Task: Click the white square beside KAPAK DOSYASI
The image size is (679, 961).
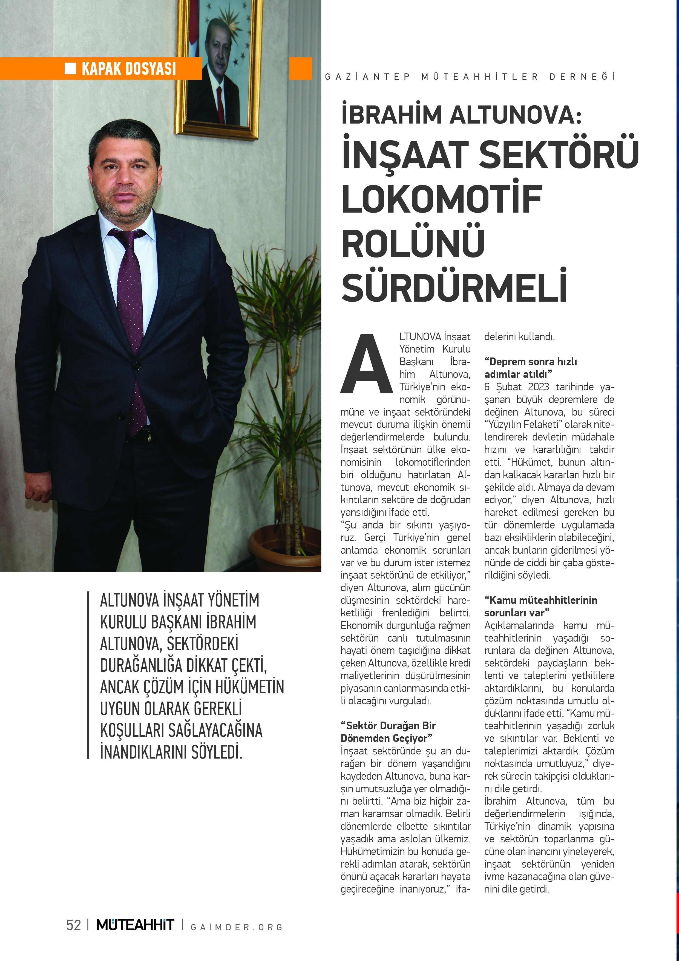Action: [70, 68]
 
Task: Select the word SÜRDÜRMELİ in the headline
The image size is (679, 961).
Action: [454, 288]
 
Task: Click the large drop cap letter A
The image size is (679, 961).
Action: [367, 363]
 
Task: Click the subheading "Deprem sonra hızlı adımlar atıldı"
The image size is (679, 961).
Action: [531, 367]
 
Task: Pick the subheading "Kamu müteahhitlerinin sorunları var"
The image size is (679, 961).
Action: [540, 606]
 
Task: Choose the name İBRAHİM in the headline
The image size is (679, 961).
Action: [391, 115]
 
